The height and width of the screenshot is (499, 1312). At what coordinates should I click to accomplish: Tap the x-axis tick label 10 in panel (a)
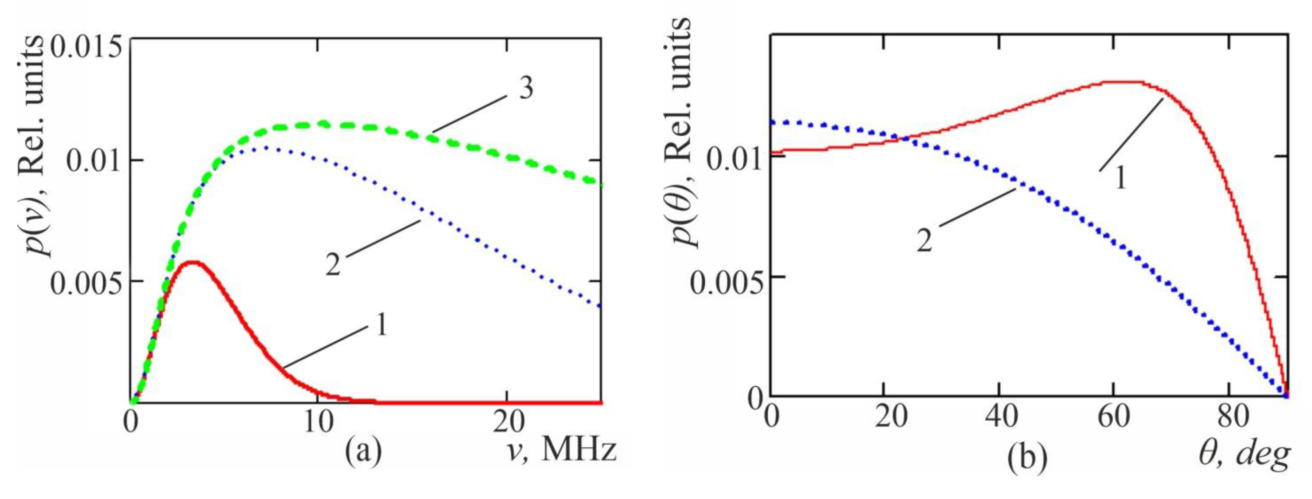click(x=319, y=423)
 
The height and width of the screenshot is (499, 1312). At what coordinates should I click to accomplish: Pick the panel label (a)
click(x=363, y=450)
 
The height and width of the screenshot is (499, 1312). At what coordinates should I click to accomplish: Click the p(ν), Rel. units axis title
click(x=38, y=148)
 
